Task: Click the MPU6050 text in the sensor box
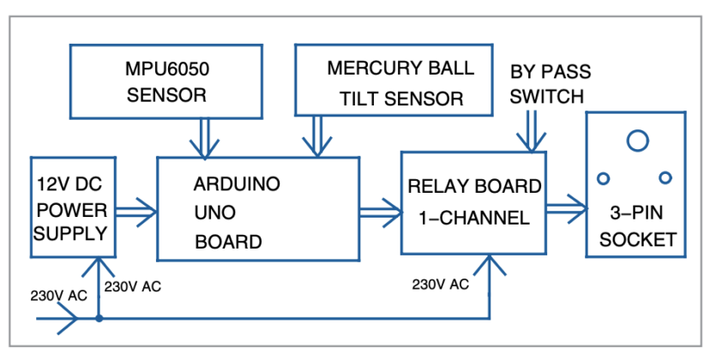[x=166, y=69]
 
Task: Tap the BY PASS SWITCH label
[x=550, y=82]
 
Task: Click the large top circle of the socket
[x=636, y=139]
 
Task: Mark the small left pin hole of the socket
[x=603, y=177]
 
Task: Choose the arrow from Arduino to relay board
[x=380, y=208]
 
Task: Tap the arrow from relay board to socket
[x=566, y=207]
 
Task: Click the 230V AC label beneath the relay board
[x=440, y=284]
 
